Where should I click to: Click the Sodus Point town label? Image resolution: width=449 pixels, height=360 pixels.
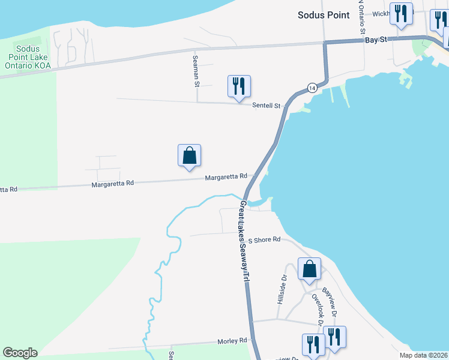323,15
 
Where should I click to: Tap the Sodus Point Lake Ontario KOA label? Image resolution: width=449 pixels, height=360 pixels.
28,57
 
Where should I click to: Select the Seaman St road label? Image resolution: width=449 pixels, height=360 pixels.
196,71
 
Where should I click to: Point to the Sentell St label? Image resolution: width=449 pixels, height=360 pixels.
266,106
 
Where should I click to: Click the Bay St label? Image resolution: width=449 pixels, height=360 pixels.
376,40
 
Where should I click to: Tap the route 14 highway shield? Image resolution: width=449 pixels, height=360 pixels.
312,88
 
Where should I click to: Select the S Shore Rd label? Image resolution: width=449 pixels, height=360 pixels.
265,239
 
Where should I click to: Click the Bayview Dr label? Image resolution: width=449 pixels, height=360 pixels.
330,302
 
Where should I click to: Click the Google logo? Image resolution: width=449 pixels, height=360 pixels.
20,353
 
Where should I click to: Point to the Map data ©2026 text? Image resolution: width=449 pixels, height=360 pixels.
423,355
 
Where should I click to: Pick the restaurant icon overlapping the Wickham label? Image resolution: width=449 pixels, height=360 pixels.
400,13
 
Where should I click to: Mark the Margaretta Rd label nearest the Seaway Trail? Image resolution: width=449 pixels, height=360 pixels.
226,177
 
